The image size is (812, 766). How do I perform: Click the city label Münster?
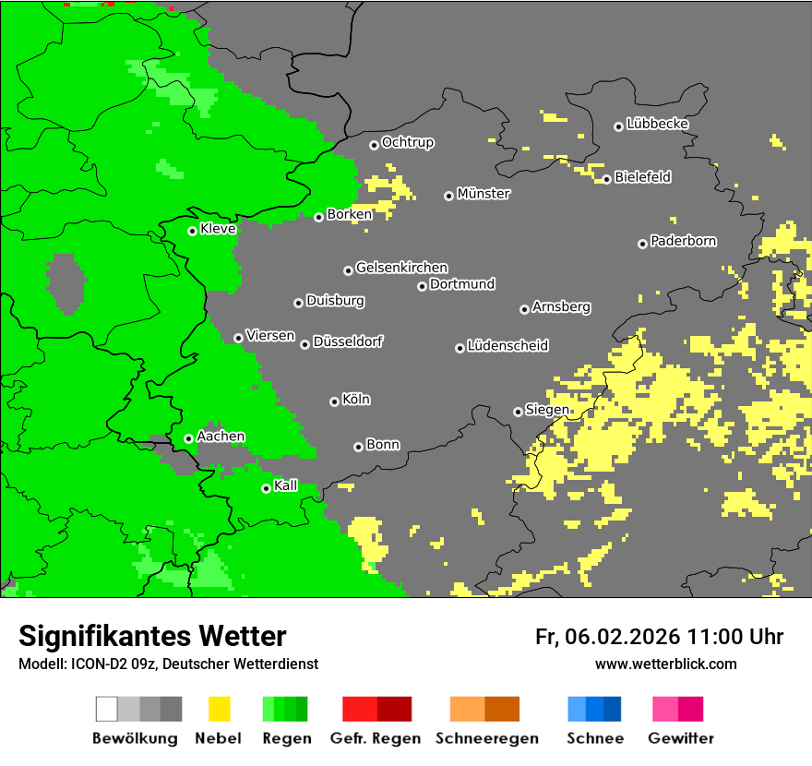pos(484,194)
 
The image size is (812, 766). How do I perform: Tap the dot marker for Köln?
pos(334,401)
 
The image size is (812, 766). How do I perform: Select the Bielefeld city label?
pos(642,177)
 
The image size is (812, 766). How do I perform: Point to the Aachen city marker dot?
pos(188,438)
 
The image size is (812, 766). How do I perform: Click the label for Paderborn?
pos(683,241)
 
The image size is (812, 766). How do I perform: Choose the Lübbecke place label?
pos(657,124)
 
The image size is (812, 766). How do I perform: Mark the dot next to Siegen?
pos(518,412)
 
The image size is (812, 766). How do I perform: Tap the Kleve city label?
pos(218,229)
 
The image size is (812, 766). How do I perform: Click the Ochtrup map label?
pos(408,142)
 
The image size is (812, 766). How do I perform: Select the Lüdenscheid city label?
pos(507,345)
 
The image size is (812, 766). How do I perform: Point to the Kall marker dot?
pos(266,488)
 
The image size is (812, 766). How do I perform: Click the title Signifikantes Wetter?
pos(152,636)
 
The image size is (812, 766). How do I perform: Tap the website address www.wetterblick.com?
pos(665,664)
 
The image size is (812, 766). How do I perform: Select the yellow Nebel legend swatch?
pos(219,709)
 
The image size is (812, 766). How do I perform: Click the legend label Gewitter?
pos(681,738)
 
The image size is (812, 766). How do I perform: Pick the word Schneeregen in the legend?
pos(484,738)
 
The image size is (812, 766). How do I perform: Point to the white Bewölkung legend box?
pos(107,709)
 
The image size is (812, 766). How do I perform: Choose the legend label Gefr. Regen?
pos(376,738)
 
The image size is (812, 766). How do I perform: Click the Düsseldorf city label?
pos(348,341)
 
